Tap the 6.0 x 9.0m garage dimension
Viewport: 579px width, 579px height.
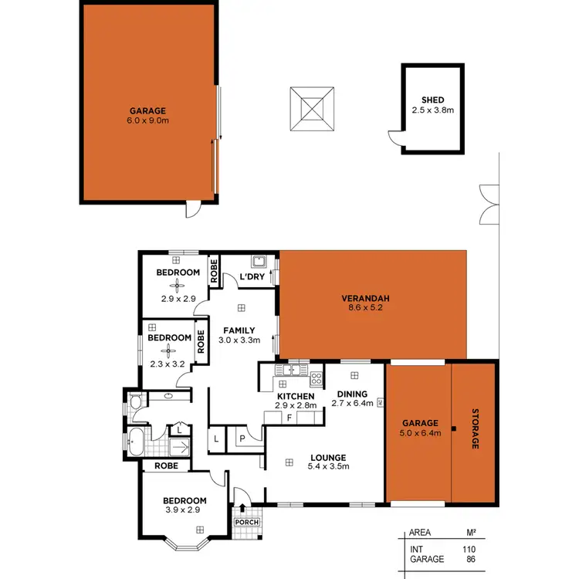tap(147, 120)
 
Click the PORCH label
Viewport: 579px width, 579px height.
tap(247, 522)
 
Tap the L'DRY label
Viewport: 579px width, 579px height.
tap(252, 276)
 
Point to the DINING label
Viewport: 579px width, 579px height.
tap(352, 394)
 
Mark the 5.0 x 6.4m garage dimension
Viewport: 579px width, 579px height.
tap(420, 433)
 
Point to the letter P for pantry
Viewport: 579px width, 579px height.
tap(241, 438)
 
